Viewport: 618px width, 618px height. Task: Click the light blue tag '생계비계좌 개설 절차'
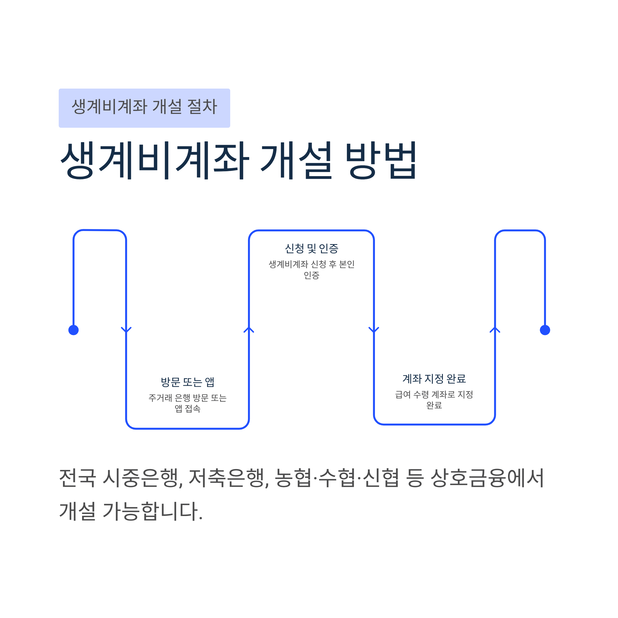coord(144,108)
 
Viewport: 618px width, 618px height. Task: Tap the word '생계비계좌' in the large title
coord(155,160)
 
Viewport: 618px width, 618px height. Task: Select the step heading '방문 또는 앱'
coord(187,382)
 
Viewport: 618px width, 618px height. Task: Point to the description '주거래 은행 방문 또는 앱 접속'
coord(187,403)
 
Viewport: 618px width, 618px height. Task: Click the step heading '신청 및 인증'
coord(312,248)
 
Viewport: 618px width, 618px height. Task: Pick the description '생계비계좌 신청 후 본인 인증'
coord(312,270)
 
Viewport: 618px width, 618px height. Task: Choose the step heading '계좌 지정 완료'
coord(434,379)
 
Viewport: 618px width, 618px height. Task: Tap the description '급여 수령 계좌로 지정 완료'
coord(434,400)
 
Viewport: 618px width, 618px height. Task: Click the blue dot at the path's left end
coord(74,330)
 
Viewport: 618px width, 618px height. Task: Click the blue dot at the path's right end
coord(545,330)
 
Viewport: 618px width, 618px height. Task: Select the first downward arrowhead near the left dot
coord(126,330)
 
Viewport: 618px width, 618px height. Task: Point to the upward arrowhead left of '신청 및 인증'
coord(249,330)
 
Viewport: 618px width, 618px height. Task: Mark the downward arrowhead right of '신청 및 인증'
coord(374,330)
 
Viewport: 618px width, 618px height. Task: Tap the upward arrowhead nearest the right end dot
coord(495,330)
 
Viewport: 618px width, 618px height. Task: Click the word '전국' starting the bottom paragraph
coord(78,478)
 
